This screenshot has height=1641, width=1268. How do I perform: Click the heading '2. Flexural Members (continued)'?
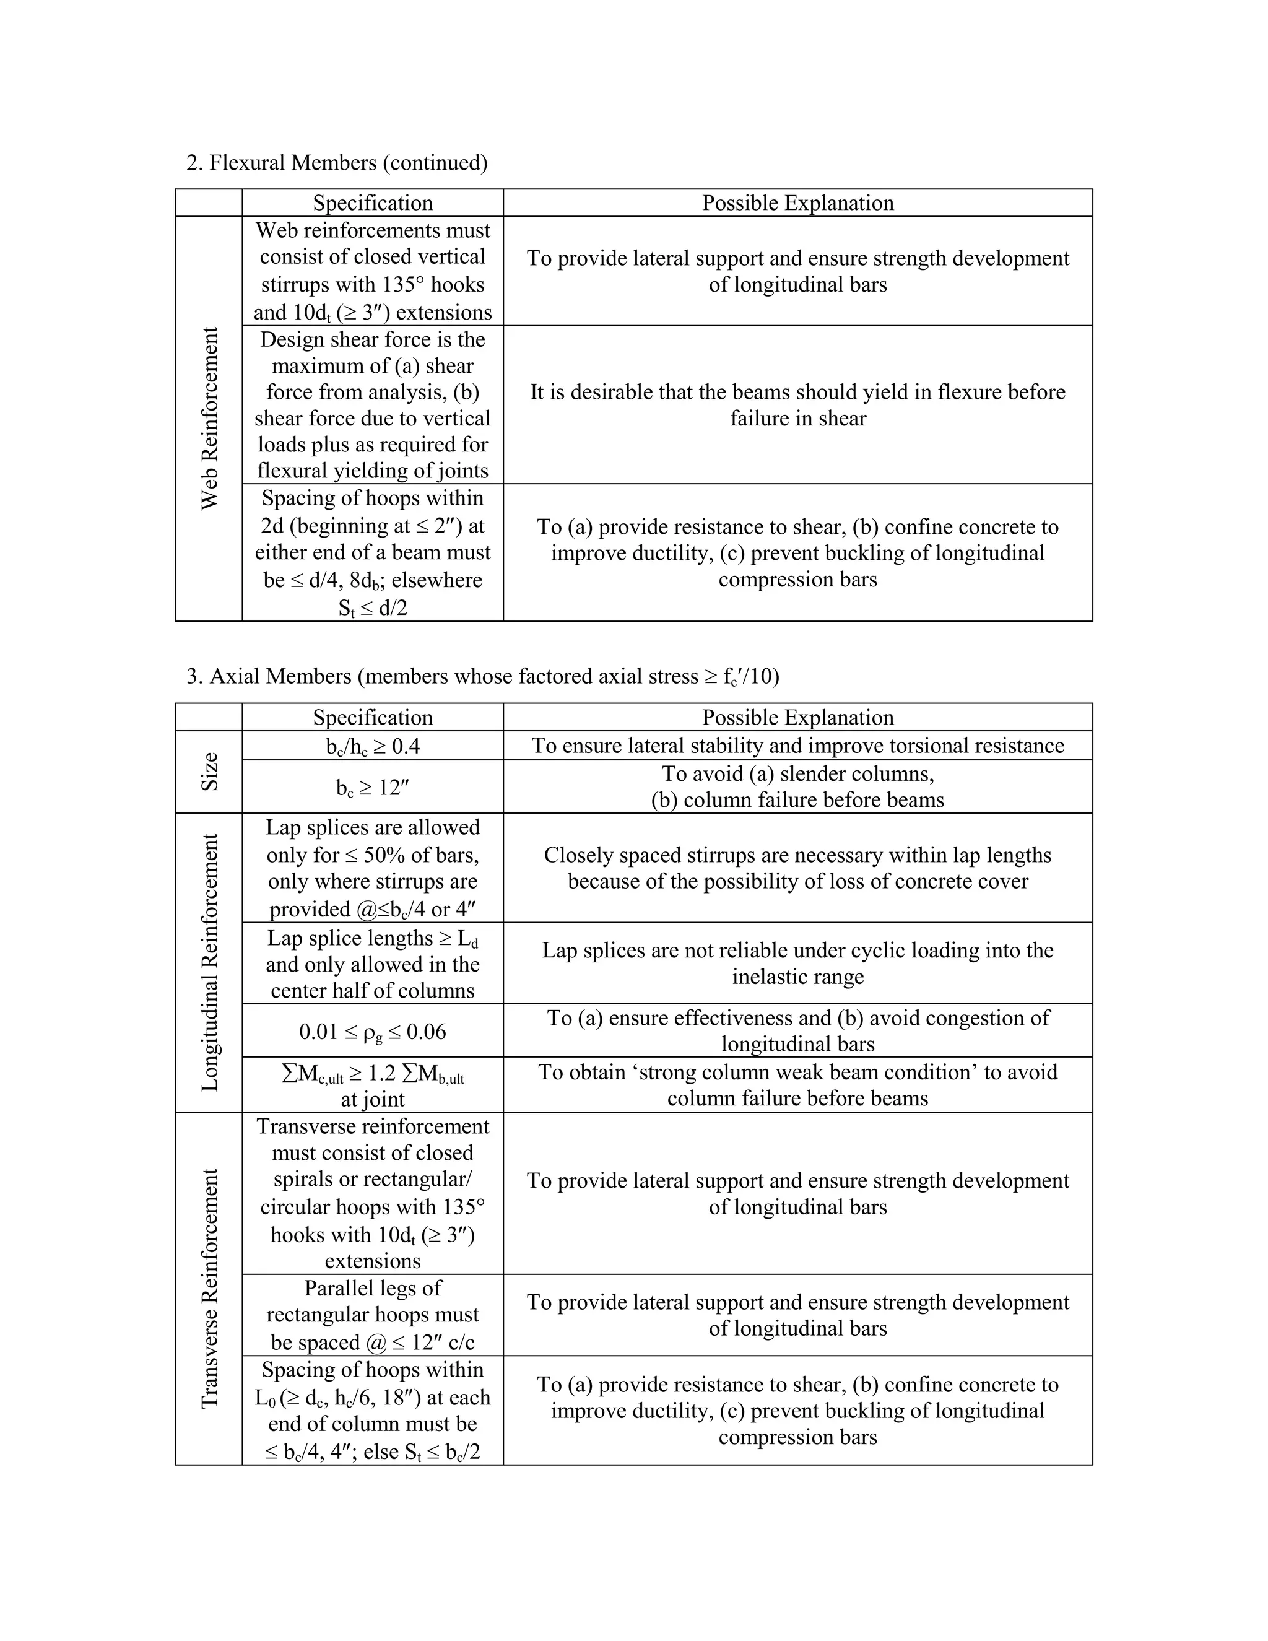(337, 162)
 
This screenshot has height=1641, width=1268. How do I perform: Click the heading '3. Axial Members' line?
(482, 676)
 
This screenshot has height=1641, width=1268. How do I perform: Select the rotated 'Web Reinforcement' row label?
(210, 419)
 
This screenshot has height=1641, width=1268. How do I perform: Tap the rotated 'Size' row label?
(210, 771)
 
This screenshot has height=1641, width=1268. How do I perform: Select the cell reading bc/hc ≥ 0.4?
(373, 746)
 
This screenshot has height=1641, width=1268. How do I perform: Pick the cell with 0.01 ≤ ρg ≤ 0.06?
(373, 1031)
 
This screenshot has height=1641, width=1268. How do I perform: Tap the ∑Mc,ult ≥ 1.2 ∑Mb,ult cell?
(373, 1085)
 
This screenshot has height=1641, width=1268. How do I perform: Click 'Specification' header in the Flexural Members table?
(373, 203)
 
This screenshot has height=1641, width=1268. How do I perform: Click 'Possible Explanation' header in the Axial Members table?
(797, 717)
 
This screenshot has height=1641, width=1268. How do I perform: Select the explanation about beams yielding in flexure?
(797, 405)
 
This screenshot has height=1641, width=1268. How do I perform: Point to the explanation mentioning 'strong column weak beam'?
(797, 1085)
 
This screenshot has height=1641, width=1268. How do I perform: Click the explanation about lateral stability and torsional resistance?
(797, 746)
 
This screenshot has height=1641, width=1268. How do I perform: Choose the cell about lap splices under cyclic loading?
(797, 964)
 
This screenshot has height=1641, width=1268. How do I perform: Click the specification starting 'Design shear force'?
(373, 405)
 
